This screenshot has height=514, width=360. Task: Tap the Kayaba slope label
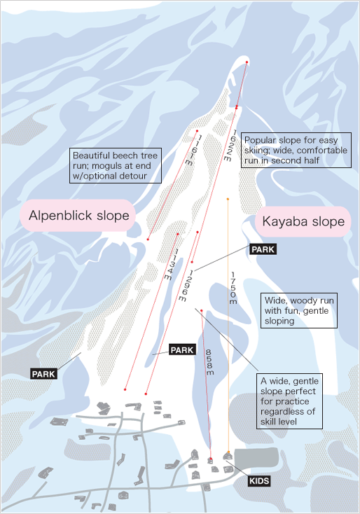click(303, 221)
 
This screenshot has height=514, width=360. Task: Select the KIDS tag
click(259, 481)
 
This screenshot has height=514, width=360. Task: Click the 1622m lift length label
click(230, 145)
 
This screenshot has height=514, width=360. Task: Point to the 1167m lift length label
click(194, 150)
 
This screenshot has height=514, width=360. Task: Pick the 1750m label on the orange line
click(233, 288)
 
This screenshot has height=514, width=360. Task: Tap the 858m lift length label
click(209, 362)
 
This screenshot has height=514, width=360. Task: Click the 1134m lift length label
click(172, 264)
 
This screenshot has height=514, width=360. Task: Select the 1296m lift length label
click(186, 286)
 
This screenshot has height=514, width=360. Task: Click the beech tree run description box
click(116, 165)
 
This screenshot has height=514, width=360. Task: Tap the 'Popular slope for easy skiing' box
click(296, 150)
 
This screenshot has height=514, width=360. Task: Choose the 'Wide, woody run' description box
click(299, 310)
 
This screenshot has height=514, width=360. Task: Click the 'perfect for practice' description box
click(289, 401)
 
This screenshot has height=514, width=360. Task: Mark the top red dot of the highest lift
click(247, 62)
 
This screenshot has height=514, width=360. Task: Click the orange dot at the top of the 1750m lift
click(228, 199)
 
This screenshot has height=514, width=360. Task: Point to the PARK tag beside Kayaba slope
click(263, 249)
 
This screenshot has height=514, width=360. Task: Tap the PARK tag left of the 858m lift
click(182, 349)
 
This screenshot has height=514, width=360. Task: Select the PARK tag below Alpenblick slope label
click(44, 374)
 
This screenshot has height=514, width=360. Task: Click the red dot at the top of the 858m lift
click(202, 310)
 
